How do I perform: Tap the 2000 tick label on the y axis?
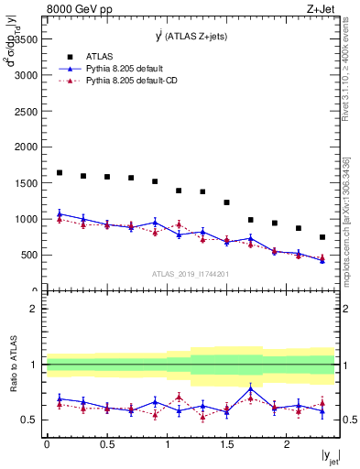[26, 147]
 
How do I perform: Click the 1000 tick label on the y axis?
[26, 220]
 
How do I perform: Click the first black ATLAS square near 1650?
[60, 172]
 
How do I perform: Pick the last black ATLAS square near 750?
[322, 237]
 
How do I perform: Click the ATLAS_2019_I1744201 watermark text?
[190, 274]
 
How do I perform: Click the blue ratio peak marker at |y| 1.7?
[250, 389]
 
